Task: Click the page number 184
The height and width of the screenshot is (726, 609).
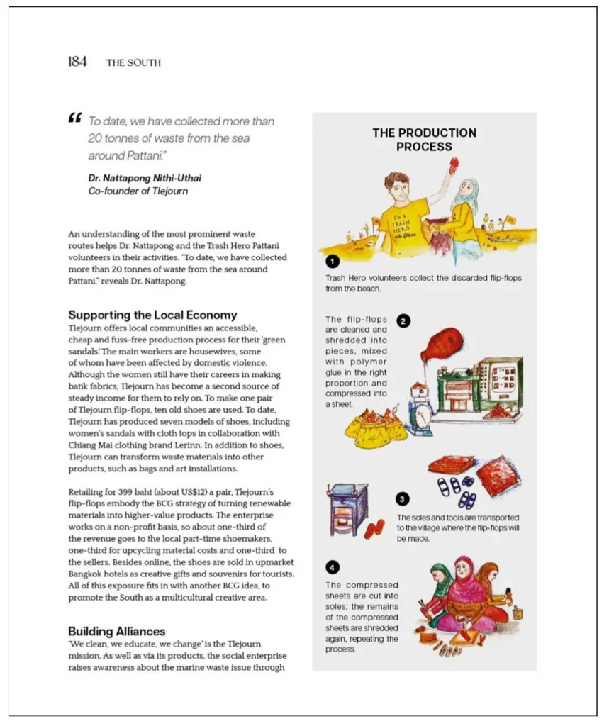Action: tap(77, 62)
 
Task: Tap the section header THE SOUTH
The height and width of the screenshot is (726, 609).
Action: tap(133, 62)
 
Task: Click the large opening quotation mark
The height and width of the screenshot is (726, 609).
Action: tap(75, 118)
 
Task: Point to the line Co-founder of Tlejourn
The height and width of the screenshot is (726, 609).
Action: tap(138, 191)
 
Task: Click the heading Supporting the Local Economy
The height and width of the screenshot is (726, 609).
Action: tap(152, 315)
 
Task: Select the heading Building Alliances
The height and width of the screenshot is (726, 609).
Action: tap(116, 631)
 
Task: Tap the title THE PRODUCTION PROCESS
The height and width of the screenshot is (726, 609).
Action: tap(424, 140)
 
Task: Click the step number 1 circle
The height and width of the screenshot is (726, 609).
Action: tap(332, 264)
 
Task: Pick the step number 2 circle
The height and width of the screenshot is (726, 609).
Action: tap(403, 320)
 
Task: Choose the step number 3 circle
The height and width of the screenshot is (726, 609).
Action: tap(403, 498)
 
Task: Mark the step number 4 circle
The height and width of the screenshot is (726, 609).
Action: tap(332, 566)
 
